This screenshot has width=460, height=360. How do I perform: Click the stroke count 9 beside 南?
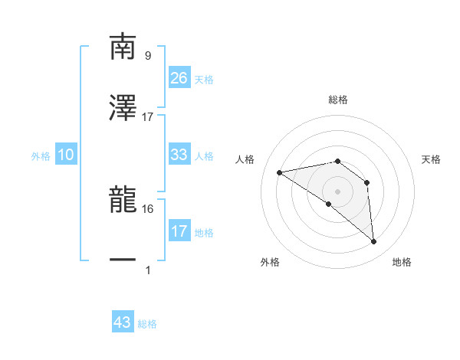(147, 55)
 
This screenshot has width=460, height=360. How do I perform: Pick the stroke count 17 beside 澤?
(148, 117)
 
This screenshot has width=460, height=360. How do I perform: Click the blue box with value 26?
(179, 78)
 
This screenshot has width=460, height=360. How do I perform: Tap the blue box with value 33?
(179, 155)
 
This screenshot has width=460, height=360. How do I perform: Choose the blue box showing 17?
(179, 231)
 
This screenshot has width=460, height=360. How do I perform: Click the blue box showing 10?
(66, 155)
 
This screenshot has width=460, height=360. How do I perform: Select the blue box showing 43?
(123, 322)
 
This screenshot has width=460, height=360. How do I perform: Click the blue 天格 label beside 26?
(204, 80)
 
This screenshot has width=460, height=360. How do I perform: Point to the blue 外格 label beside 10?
(41, 156)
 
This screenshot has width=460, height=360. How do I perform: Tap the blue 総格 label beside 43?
(147, 324)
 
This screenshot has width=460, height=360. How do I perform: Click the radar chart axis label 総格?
(338, 100)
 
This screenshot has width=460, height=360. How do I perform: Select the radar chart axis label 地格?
(402, 262)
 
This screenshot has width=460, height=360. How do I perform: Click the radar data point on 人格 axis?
(280, 172)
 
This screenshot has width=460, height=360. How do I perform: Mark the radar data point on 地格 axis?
(374, 242)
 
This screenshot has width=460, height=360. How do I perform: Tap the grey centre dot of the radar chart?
(338, 191)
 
